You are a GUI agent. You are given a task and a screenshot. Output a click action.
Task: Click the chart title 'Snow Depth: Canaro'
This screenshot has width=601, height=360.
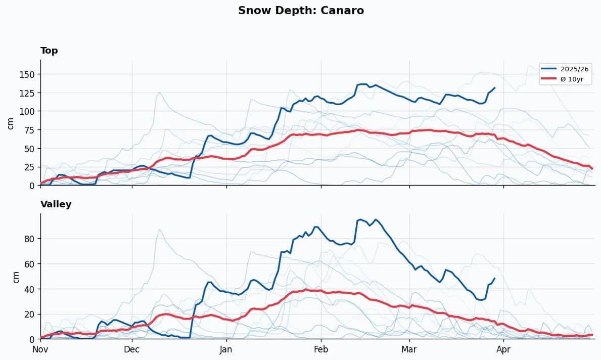(x=301, y=11)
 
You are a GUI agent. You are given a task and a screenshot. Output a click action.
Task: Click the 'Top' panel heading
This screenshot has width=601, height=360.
(x=49, y=51)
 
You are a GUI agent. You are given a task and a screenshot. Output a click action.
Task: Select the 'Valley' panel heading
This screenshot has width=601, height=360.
(x=56, y=204)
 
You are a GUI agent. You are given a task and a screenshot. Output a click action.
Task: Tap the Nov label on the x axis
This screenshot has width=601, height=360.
(x=40, y=349)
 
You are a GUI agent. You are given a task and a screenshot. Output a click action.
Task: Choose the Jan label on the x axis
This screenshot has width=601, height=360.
(x=226, y=349)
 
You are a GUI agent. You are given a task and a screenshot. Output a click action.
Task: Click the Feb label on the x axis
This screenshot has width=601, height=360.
(x=321, y=349)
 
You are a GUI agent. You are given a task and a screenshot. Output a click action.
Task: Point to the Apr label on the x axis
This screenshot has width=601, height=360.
(x=503, y=349)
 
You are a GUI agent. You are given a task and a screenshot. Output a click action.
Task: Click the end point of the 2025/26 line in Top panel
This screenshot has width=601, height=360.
(x=494, y=88)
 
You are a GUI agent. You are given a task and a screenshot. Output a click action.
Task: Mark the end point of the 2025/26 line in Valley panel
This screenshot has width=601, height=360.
(x=494, y=278)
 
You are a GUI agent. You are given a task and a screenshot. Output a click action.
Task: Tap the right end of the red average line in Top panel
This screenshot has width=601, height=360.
(x=592, y=168)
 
